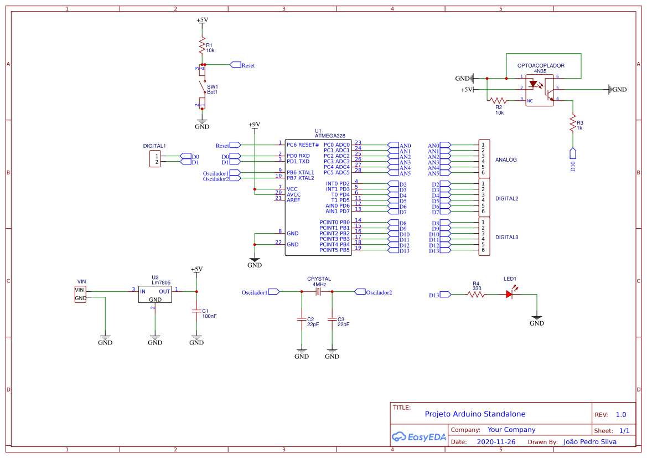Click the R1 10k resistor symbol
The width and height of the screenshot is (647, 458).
point(202,45)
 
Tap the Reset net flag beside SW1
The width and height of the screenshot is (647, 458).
point(235,65)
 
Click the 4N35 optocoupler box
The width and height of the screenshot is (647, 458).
point(540,90)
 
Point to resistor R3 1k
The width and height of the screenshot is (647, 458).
point(573,124)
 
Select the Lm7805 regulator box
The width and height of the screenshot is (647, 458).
point(155,294)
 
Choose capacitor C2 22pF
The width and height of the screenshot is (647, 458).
point(302,320)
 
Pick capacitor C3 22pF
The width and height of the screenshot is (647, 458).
point(332,320)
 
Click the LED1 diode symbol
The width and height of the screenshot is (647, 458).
point(510,295)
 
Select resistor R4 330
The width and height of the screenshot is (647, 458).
point(476,295)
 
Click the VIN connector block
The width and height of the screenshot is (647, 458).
point(81,294)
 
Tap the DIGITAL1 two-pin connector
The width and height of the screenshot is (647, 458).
point(155,159)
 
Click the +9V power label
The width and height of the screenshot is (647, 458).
point(254,125)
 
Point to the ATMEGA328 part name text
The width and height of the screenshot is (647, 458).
point(330,135)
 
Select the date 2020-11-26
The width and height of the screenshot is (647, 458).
point(496,442)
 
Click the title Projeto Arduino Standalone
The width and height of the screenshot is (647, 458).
point(475,414)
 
